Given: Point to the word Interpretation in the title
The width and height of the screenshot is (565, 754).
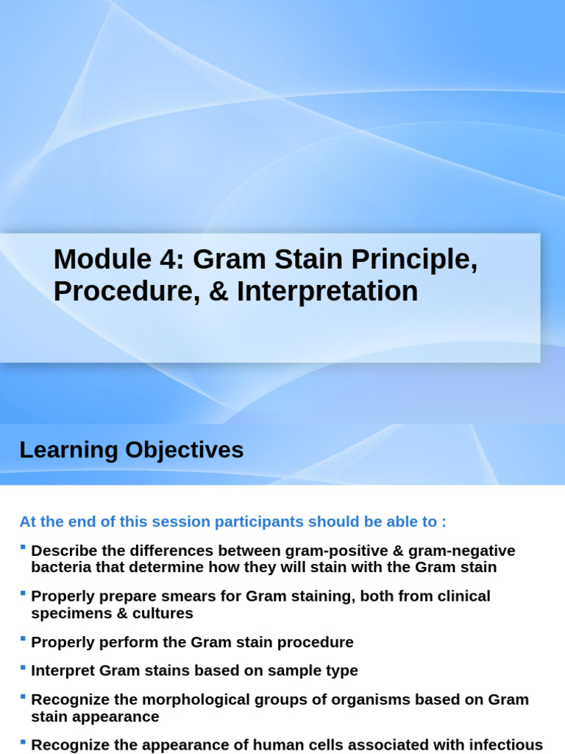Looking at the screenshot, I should tap(327, 292).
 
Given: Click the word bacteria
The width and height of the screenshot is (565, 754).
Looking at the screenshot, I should tap(61, 568).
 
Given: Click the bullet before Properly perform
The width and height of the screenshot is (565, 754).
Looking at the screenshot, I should tap(23, 638).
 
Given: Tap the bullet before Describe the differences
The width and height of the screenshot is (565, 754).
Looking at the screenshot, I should tap(23, 547).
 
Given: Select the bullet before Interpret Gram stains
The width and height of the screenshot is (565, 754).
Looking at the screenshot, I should tap(23, 667).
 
